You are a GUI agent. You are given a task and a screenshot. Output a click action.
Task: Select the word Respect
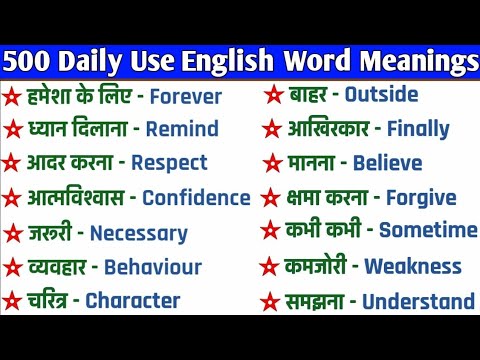[x=169, y=162]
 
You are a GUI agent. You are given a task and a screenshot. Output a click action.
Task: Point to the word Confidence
[x=196, y=198]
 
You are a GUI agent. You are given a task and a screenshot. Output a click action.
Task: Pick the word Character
[x=133, y=299]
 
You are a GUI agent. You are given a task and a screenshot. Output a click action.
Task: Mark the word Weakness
[x=413, y=266]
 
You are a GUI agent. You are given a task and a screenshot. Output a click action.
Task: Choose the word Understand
[x=418, y=301]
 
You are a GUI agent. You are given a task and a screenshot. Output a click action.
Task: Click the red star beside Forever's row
[x=12, y=98]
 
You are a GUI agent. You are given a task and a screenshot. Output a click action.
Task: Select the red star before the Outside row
[x=272, y=96]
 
